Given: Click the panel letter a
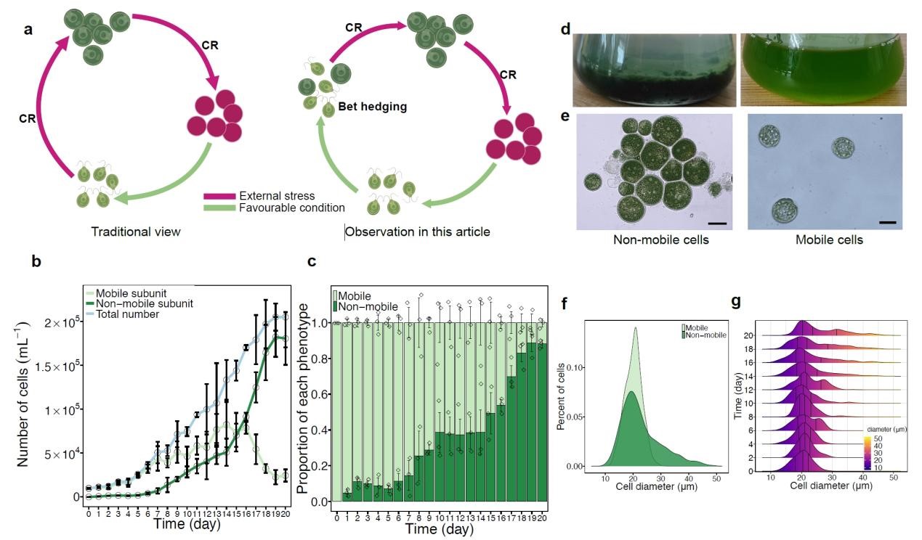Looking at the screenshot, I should [x=28, y=30].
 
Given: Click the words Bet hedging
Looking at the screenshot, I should [x=373, y=106].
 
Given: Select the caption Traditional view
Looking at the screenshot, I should [x=135, y=232].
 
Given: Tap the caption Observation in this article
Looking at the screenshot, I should [x=418, y=232].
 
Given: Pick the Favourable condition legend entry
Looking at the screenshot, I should [x=291, y=208].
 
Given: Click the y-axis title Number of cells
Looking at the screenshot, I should [x=23, y=393].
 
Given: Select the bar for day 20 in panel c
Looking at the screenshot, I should [x=541, y=421].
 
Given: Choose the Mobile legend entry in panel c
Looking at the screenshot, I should [x=357, y=296].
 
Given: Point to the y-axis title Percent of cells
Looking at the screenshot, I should [x=562, y=396].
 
